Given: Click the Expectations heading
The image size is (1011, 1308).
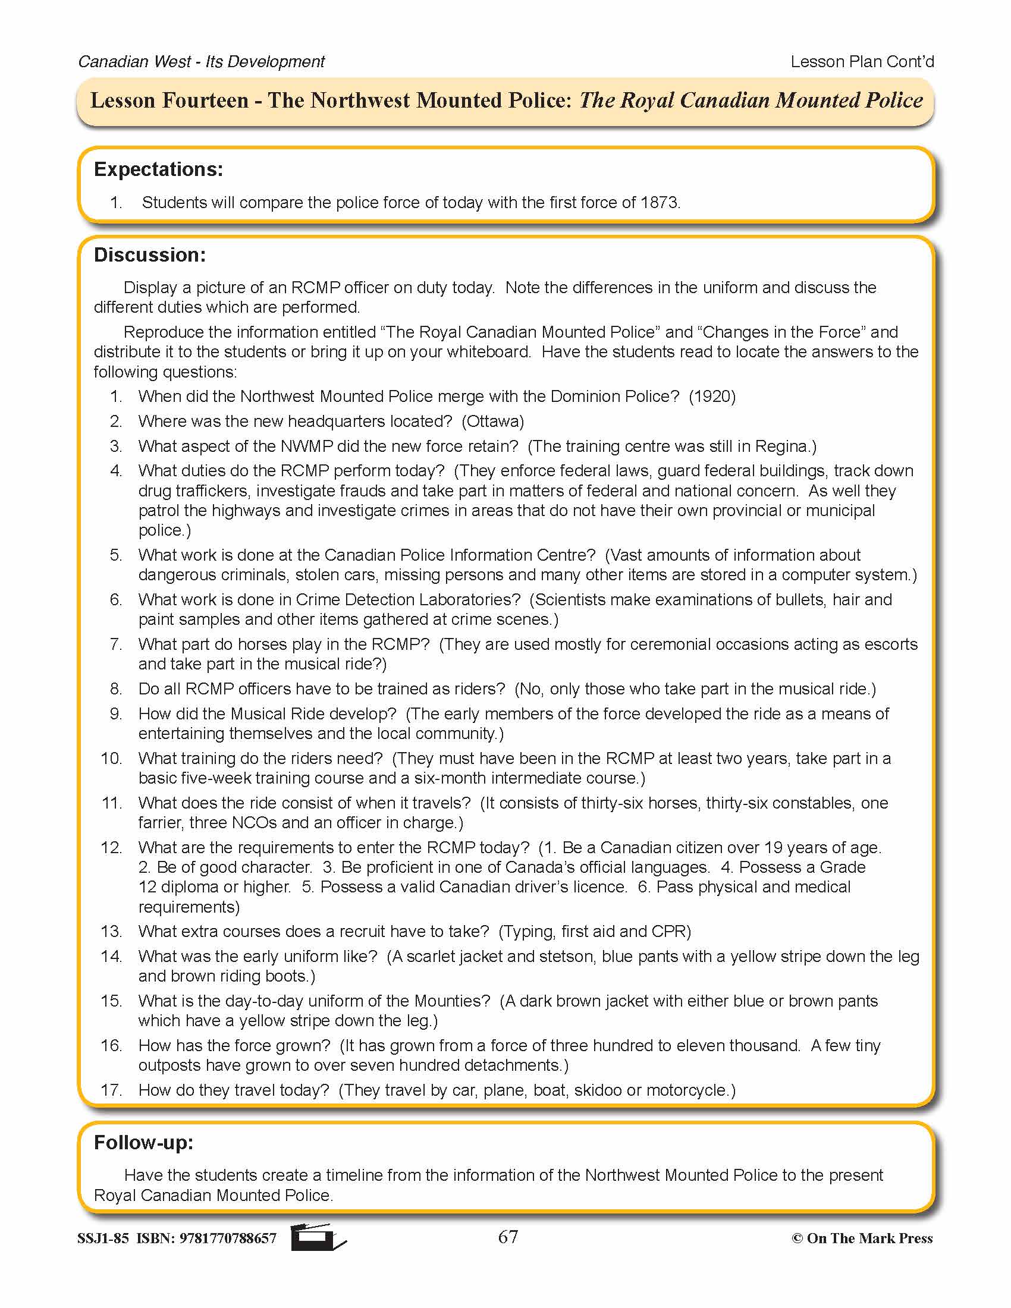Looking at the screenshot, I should coord(158,169).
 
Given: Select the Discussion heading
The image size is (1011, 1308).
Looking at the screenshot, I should coord(150,255).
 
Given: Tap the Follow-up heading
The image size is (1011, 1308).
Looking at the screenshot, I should coord(144,1143).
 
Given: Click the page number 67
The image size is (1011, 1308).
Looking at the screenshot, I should coord(508,1237).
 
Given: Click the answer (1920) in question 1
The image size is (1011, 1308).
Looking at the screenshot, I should coord(712,397).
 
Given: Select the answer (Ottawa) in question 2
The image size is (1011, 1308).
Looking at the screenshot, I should coord(493,422).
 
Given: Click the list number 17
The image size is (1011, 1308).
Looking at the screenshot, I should coord(111,1090).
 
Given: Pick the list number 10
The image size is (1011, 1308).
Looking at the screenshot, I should coord(111,758).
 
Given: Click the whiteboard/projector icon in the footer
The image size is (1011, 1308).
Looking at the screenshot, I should coord(318,1237).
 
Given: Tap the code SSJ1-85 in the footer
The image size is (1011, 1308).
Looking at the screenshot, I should coord(103,1238).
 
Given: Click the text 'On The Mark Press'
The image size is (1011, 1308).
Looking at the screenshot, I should coord(869,1238).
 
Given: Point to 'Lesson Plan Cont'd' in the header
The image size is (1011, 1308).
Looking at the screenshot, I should coord(862,62).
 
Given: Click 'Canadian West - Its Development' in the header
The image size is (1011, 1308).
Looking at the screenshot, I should coord(201,62).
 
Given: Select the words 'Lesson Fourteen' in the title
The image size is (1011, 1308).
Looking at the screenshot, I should coord(169,100).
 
